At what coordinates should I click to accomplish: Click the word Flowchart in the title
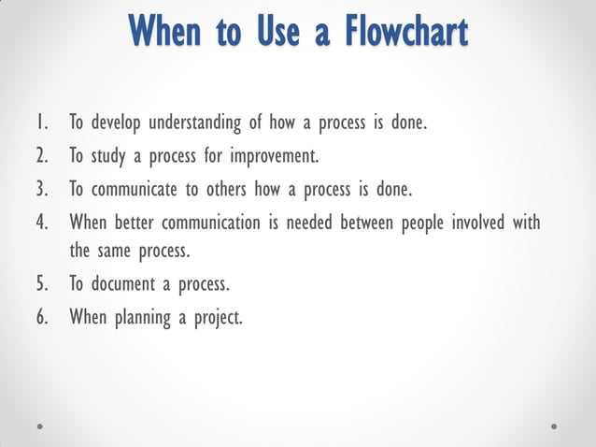pyautogui.click(x=404, y=32)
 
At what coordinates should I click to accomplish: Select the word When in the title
pyautogui.click(x=165, y=32)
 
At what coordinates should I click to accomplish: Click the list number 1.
pyautogui.click(x=41, y=123)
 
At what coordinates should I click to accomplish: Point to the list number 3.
pyautogui.click(x=42, y=190)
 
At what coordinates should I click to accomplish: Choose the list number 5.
pyautogui.click(x=42, y=284)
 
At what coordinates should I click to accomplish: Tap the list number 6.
pyautogui.click(x=42, y=317)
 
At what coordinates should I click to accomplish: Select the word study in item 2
pyautogui.click(x=107, y=156)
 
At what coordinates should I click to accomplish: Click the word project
pyautogui.click(x=219, y=318)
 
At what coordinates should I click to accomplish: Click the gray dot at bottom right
pyautogui.click(x=554, y=425)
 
